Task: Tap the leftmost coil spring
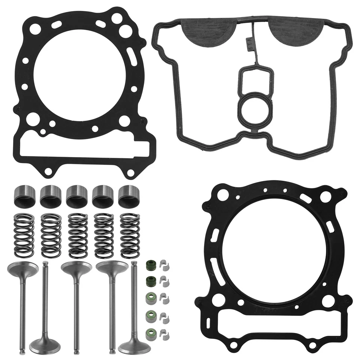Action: tap(24, 235)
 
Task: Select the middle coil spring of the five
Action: tap(78, 235)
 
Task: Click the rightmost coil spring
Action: tap(130, 235)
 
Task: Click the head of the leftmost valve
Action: tap(22, 268)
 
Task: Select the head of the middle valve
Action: tap(76, 268)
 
